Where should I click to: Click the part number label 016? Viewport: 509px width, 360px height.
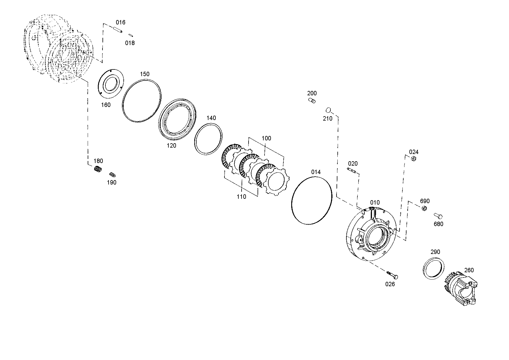tap(120, 22)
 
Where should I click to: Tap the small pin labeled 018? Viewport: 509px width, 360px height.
tap(131, 35)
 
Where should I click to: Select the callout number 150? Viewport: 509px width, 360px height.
tap(145, 74)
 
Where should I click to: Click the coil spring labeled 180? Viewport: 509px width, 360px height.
tap(98, 169)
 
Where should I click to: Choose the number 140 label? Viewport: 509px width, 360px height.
tap(211, 118)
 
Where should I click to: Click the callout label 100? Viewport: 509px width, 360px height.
tap(266, 138)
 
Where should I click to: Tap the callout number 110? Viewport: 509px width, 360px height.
tap(241, 197)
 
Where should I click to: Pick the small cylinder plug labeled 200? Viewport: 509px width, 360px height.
tap(312, 101)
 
